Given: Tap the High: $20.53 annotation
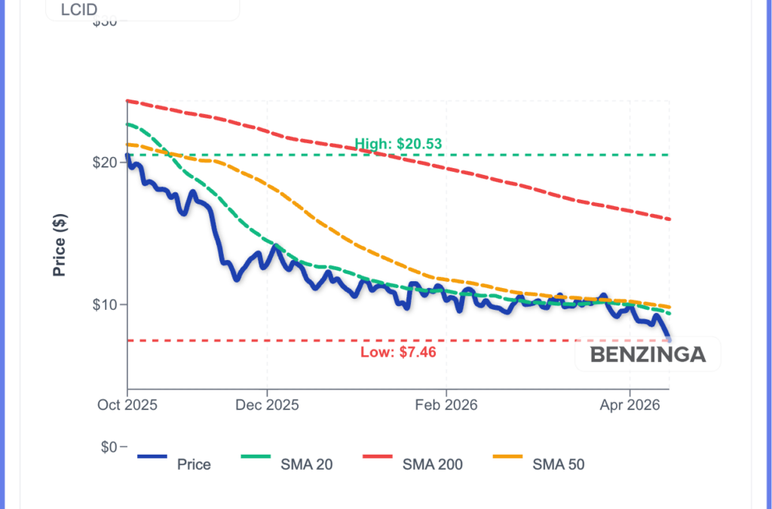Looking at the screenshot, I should [398, 144].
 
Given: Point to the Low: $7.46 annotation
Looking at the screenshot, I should [398, 351].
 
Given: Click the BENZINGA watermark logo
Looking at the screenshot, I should [648, 354].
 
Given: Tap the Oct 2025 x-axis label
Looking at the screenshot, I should [127, 405].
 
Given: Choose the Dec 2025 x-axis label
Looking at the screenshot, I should [268, 405].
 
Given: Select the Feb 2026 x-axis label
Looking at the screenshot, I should [446, 405].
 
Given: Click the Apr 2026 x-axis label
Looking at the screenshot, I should [630, 405].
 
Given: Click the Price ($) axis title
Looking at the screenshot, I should [60, 244].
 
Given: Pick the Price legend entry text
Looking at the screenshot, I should [194, 465].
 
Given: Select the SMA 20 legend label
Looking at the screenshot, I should [306, 465].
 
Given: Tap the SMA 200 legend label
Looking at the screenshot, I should [433, 465].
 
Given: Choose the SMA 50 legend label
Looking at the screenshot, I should [559, 465].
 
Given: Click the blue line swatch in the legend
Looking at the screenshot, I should [152, 456].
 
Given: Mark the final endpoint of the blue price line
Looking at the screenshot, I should [669, 339].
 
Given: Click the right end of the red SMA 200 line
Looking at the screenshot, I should [669, 219].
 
